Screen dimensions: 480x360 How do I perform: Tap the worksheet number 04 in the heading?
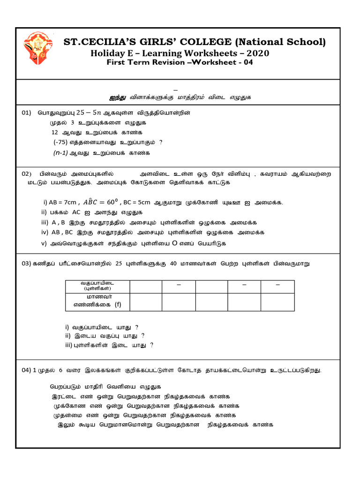[247, 62]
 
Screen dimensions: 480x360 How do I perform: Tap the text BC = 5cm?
[136, 202]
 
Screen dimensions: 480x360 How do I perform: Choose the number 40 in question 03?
[172, 264]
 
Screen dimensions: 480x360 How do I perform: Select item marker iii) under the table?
[69, 345]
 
